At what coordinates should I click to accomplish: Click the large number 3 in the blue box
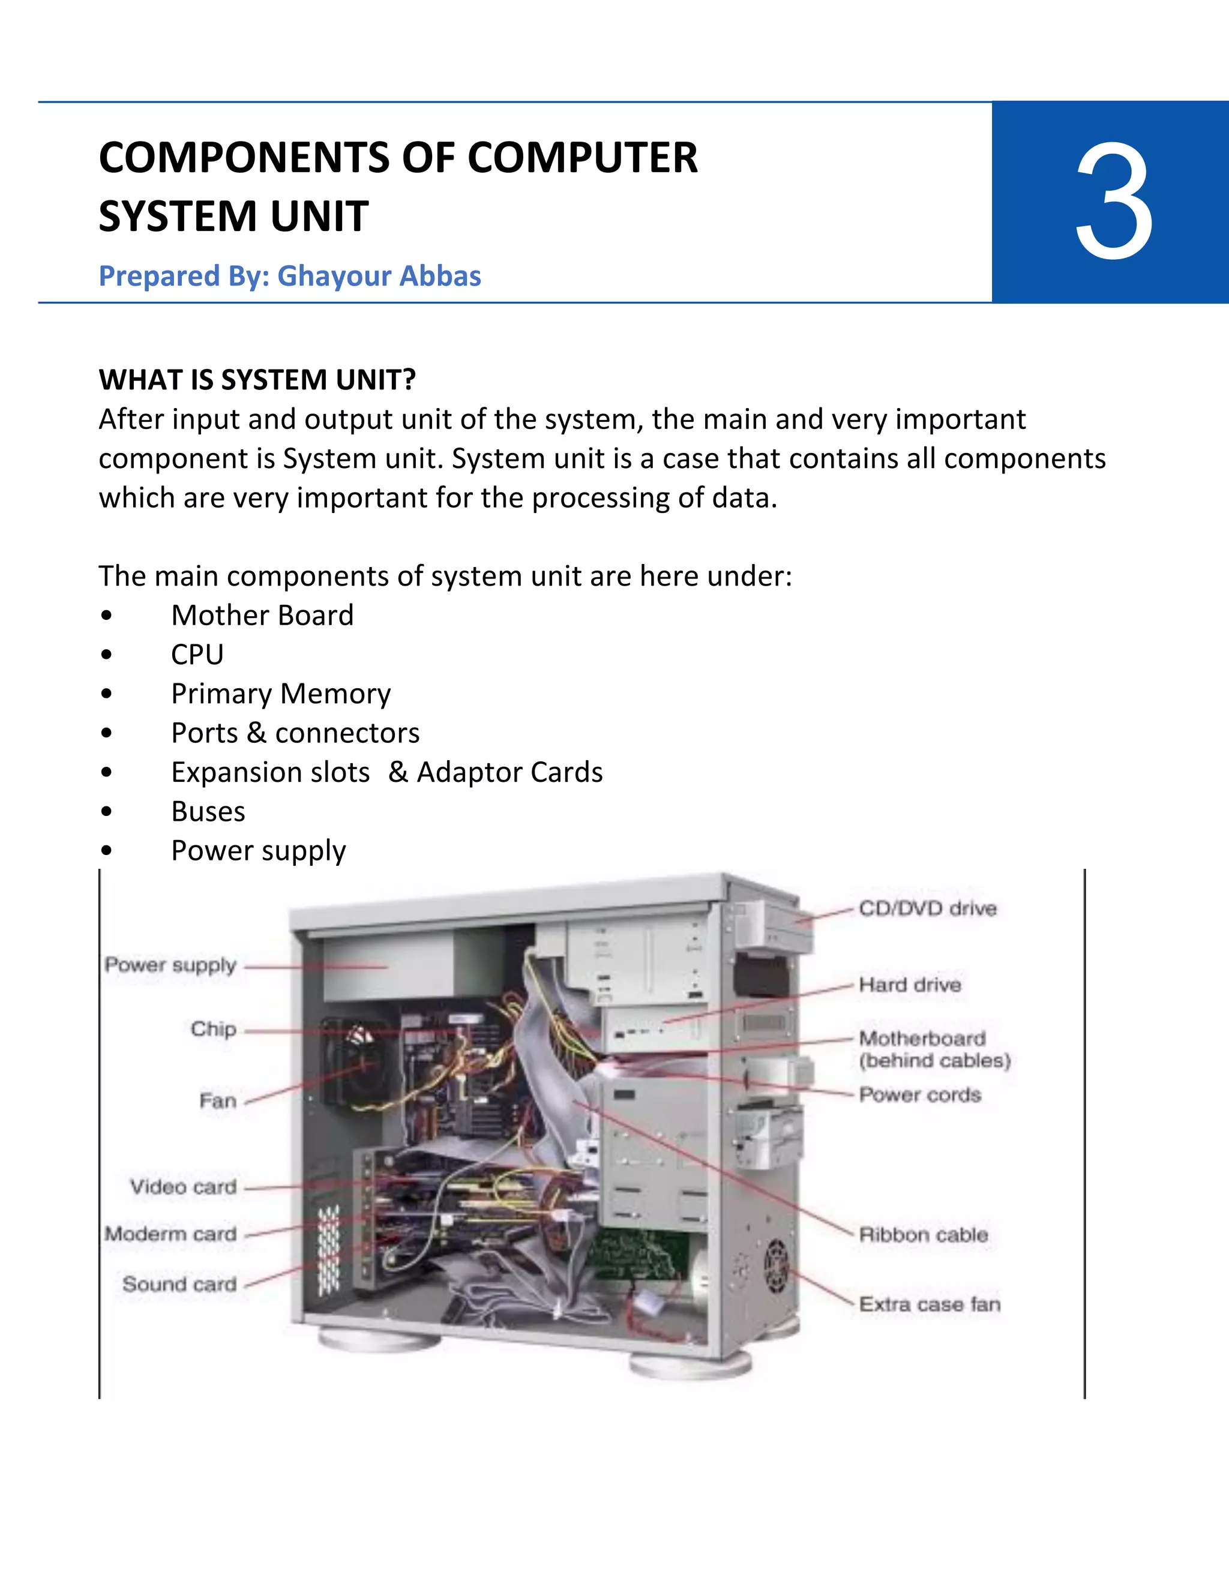[1113, 202]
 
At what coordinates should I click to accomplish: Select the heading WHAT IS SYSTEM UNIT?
[257, 380]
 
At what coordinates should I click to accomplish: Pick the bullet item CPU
[197, 655]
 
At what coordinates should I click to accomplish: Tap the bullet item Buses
[208, 812]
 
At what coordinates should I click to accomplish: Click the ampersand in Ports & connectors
[256, 733]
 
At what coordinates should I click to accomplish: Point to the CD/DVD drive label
[927, 908]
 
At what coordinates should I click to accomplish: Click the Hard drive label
[909, 985]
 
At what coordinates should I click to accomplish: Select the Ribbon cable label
[923, 1235]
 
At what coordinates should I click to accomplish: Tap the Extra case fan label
[929, 1304]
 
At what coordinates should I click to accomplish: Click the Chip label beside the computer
[213, 1030]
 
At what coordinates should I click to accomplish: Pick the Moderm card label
[170, 1234]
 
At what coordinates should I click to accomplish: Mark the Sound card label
[179, 1284]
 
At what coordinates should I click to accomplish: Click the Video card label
[183, 1187]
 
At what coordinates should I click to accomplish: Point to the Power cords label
[919, 1095]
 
